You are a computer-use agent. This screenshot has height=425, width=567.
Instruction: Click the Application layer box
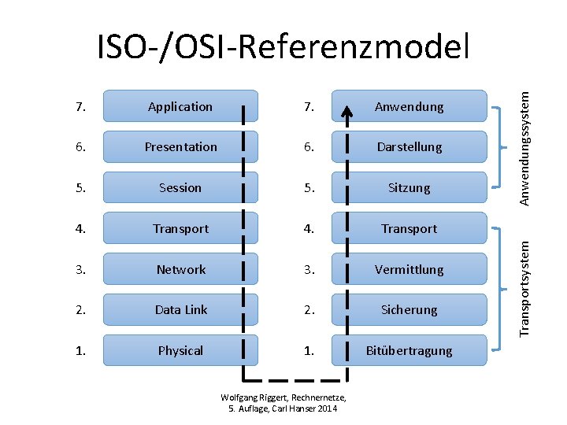(x=180, y=106)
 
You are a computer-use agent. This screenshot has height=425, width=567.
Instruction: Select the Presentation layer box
(x=180, y=147)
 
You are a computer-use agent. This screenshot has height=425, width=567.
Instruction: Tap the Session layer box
(x=180, y=188)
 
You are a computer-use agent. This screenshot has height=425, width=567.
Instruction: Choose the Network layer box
(x=180, y=269)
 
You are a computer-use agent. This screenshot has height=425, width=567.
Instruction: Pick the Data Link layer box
(x=180, y=310)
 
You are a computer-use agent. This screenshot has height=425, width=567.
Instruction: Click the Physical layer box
(x=180, y=351)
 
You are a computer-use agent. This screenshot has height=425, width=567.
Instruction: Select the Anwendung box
(x=409, y=106)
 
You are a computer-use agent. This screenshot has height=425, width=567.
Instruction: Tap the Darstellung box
(x=409, y=147)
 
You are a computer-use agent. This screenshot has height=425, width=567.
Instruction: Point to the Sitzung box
(x=409, y=188)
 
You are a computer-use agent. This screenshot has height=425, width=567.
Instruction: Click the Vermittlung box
(x=409, y=269)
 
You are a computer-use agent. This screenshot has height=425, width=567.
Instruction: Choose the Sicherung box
(x=409, y=310)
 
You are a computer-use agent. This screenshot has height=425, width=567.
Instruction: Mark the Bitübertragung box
(x=409, y=351)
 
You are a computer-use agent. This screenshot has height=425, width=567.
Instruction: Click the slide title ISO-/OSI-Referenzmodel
(x=283, y=48)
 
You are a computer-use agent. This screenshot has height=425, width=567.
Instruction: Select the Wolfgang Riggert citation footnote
(x=283, y=403)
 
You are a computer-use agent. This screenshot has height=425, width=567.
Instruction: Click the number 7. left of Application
(x=81, y=106)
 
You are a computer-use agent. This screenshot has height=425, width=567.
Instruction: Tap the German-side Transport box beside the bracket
(x=409, y=229)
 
